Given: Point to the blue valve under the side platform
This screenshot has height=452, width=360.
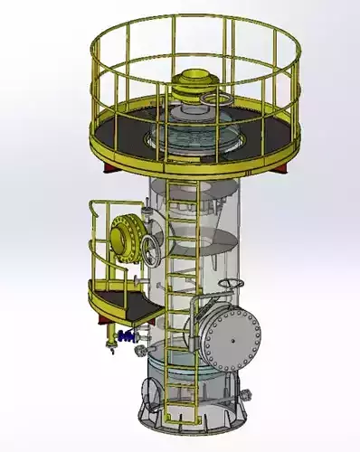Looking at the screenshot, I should click(x=124, y=336).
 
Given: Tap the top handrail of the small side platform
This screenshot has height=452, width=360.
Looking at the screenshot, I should click(x=106, y=204).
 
